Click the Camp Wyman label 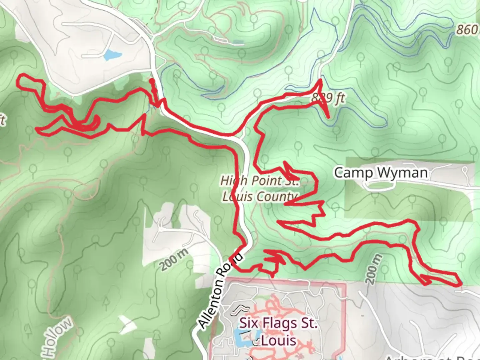(x=381, y=173)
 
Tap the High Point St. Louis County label (x=260, y=189)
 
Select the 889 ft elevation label (x=328, y=98)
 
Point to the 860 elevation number (x=467, y=30)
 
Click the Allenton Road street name (x=220, y=290)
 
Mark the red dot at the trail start (x=152, y=81)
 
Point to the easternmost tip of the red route (x=461, y=284)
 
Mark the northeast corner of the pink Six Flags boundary (x=344, y=284)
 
